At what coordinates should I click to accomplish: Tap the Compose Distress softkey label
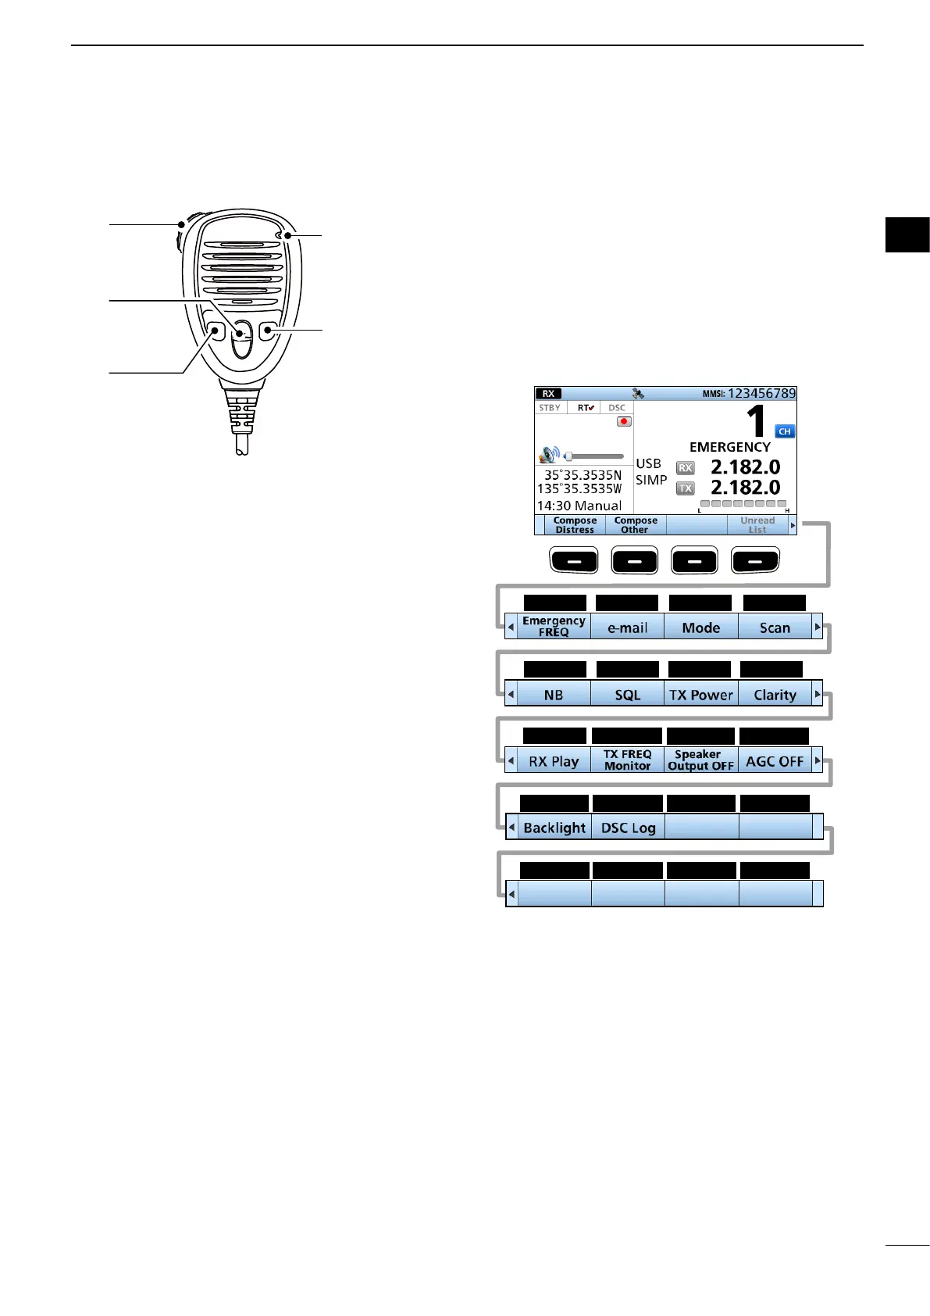tap(575, 525)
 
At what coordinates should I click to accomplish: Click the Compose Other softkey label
tap(636, 525)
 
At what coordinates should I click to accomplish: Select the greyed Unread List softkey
tap(757, 525)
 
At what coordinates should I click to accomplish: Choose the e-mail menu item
tap(628, 628)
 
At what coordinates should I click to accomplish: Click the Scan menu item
tap(775, 628)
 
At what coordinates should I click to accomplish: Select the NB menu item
tap(554, 695)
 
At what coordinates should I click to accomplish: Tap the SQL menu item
tap(628, 695)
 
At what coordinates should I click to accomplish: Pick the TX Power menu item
tap(701, 695)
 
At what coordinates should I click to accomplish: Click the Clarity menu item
tap(775, 695)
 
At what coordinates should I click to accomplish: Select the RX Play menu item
tap(554, 761)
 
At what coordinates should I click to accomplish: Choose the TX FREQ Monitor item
tap(628, 760)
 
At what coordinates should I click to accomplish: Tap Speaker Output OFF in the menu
tap(701, 760)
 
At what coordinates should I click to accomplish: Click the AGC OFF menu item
tap(775, 761)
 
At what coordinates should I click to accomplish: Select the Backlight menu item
tap(554, 828)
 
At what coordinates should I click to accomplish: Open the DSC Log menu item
tap(628, 828)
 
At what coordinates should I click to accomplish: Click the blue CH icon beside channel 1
tap(785, 431)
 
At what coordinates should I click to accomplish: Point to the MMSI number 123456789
tap(761, 393)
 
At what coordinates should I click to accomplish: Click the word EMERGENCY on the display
tap(729, 447)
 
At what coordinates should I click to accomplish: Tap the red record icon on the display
tap(624, 421)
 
